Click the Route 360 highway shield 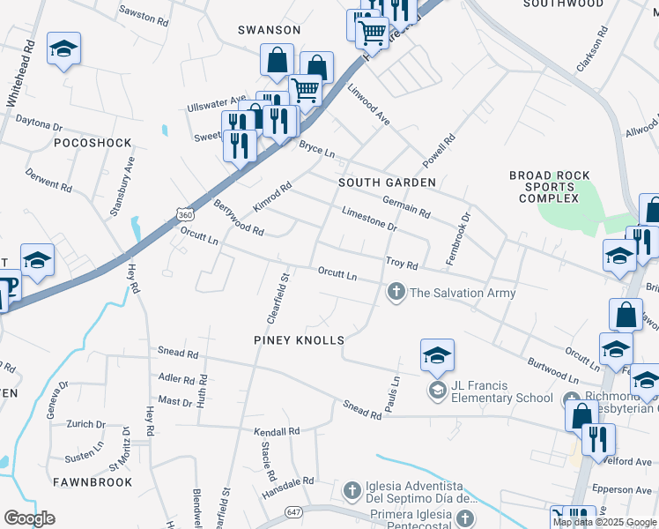coord(184,214)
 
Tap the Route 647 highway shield coord(294,511)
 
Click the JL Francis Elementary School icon coord(437,389)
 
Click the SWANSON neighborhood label coord(270,30)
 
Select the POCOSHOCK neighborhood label coord(93,143)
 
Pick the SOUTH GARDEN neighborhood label coord(388,183)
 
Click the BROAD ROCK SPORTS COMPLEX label coord(549,187)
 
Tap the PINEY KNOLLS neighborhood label coord(298,339)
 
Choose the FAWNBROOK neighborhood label coord(93,483)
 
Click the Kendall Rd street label coord(277,432)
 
